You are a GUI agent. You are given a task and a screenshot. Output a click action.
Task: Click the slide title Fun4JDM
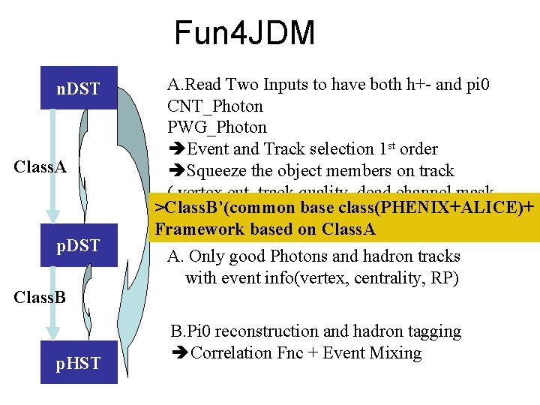click(244, 34)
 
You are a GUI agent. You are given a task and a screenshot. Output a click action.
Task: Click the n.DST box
click(78, 89)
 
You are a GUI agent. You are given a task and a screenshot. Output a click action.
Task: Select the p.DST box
click(78, 245)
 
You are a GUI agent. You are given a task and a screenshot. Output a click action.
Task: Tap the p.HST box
click(78, 363)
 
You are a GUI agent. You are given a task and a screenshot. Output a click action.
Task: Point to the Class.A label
click(40, 166)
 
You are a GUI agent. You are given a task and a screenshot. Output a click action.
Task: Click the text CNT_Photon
click(215, 106)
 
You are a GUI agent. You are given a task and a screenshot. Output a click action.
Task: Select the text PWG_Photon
click(217, 127)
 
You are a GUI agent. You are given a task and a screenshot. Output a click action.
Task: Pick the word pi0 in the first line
click(477, 84)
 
